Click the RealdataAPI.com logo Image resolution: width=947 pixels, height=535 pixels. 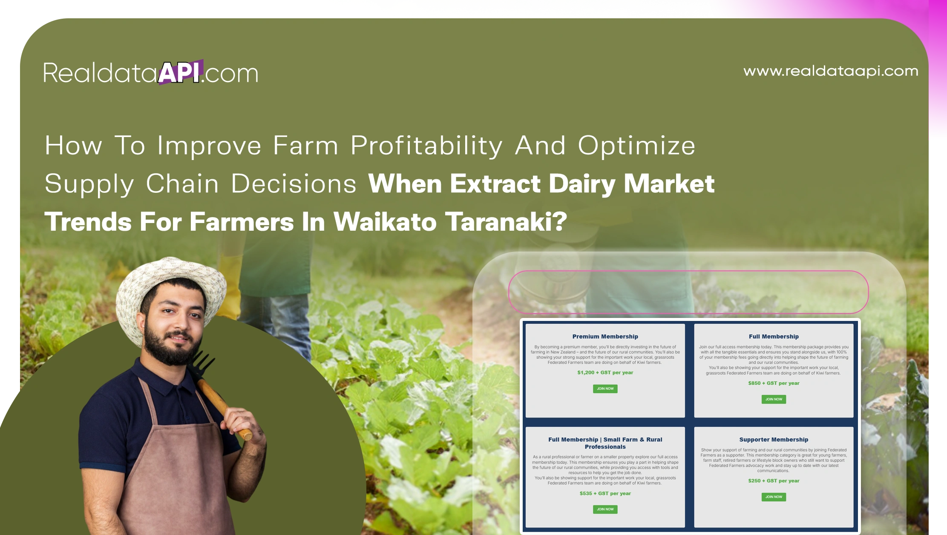(151, 73)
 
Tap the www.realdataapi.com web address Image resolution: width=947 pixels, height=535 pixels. (830, 71)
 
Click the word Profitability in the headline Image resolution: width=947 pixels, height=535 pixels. (426, 146)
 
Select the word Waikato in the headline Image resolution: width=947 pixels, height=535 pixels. (385, 222)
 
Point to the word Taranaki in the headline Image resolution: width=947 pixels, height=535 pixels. (506, 222)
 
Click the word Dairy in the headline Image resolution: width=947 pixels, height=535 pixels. (581, 184)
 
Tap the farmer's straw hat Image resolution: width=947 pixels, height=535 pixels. (170, 281)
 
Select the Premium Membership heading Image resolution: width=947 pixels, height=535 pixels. (605, 337)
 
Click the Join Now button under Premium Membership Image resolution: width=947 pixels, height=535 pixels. (605, 389)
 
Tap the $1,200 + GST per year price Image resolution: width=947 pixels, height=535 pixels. (605, 372)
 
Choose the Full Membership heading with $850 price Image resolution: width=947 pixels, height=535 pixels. (774, 337)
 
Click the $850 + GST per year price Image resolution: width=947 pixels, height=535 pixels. (774, 383)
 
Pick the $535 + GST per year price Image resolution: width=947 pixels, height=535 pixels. (605, 493)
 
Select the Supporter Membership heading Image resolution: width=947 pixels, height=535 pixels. (774, 440)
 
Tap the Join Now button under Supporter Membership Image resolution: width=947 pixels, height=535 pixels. (774, 497)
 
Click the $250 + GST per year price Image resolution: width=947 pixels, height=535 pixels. (774, 481)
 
